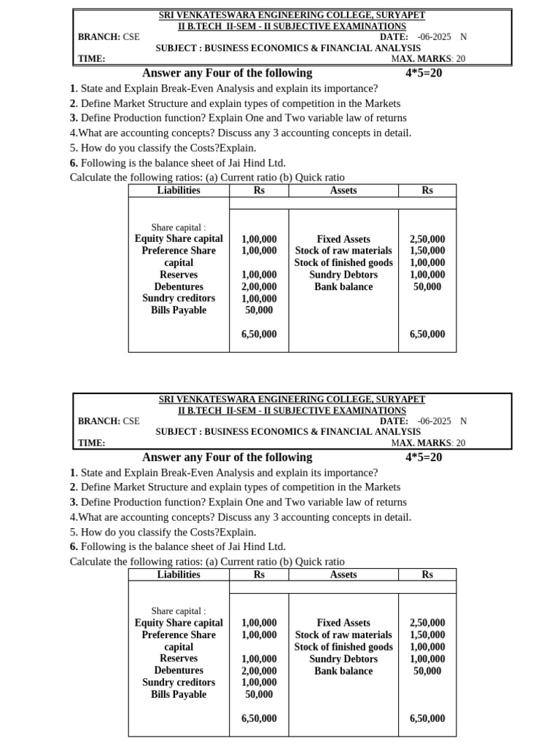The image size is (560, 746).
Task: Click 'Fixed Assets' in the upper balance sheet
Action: pos(343,239)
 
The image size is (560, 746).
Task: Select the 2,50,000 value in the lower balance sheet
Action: pos(427,623)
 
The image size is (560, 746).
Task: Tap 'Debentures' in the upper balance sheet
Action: pos(179,286)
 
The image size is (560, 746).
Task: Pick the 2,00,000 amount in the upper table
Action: pos(259,286)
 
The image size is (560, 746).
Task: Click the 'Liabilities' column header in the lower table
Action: pos(179,574)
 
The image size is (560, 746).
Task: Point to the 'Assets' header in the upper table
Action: pos(343,190)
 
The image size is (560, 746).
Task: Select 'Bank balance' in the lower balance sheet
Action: pos(343,670)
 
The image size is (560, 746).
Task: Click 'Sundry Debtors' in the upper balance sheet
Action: pos(343,275)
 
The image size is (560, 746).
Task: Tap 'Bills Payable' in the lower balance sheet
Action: pos(179,694)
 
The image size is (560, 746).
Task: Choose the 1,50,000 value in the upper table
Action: pos(427,251)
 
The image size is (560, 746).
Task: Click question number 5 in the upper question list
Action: pos(73,148)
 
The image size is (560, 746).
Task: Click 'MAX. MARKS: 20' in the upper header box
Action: pos(428,59)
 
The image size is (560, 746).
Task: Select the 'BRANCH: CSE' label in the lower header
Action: pos(109,421)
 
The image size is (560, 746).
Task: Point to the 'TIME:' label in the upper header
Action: pos(92,59)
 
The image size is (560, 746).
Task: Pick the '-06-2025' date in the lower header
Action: pos(435,421)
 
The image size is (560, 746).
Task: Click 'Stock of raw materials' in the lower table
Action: pos(343,635)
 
